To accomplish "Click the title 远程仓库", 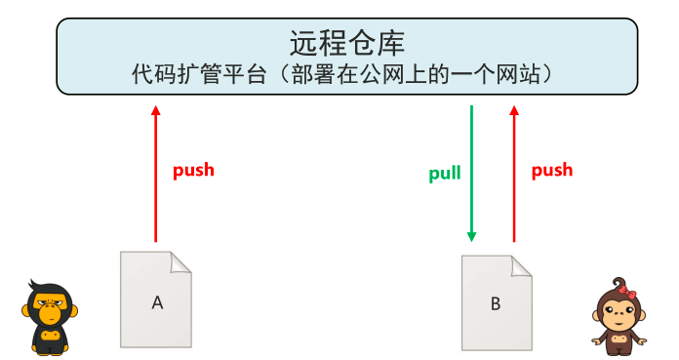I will (346, 43).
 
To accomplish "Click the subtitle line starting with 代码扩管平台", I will (346, 75).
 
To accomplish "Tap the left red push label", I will (193, 170).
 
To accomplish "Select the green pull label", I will (445, 175).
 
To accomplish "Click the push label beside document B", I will (552, 170).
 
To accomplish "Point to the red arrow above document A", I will (155, 176).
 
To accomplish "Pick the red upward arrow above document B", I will (514, 176).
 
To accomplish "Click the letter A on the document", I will (156, 302).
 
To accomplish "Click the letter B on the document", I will (496, 303).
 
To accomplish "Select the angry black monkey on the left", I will (49, 317).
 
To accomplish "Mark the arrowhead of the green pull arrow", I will (471, 236).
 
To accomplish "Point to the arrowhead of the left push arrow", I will (155, 111).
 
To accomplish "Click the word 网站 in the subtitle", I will (527, 75).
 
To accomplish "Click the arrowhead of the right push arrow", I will (514, 111).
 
